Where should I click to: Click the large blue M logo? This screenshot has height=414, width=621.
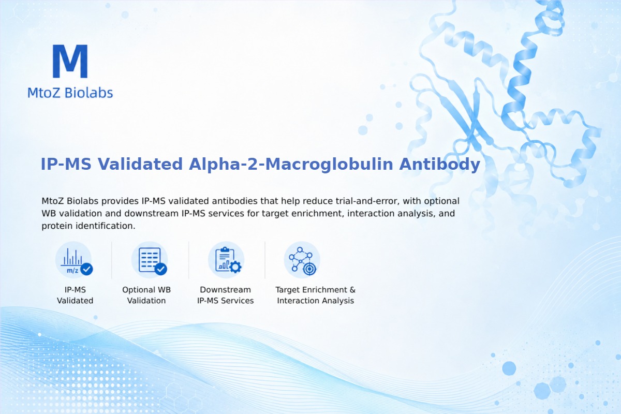coord(70,61)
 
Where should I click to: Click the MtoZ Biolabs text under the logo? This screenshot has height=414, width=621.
coord(70,93)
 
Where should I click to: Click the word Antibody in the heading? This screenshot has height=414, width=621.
coord(439,164)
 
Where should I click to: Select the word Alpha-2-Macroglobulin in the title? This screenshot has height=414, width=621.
coord(291,164)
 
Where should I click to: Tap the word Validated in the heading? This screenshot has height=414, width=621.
coord(140,164)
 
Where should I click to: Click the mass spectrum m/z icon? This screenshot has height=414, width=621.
coord(73,260)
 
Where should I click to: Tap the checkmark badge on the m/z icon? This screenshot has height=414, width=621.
coord(86,269)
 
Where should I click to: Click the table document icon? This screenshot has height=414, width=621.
coord(150,260)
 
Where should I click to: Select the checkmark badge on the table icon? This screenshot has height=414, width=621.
coord(161,269)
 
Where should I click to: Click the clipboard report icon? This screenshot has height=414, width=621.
coord(226,260)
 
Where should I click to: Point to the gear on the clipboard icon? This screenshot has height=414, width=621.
coord(235,267)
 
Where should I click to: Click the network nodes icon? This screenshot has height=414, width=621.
coord(302,260)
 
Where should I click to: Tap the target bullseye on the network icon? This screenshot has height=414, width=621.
coord(309,269)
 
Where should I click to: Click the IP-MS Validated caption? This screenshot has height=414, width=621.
coord(75,295)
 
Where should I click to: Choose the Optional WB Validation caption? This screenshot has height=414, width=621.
coord(146,295)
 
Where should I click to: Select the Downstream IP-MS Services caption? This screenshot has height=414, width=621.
coord(226,295)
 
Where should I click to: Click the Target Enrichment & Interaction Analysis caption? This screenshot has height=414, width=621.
coord(316,295)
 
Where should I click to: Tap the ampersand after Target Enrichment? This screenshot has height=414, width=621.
coord(352,290)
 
